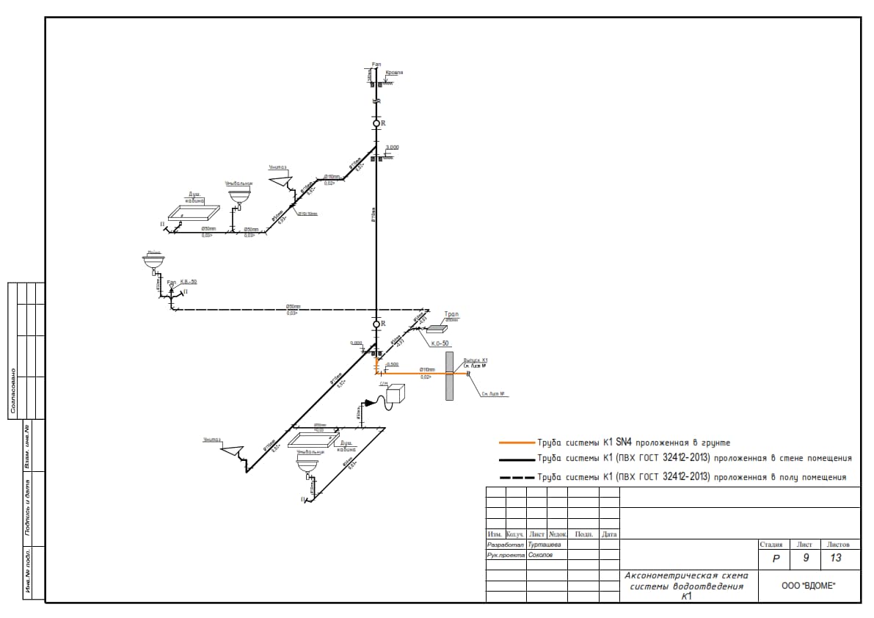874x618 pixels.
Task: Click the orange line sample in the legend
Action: click(x=517, y=443)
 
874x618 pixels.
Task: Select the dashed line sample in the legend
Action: click(x=517, y=477)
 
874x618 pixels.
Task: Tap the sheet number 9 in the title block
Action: click(x=805, y=559)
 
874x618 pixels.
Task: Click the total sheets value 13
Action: click(x=836, y=559)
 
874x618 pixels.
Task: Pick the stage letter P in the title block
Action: click(x=776, y=559)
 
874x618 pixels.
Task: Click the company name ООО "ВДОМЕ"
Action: click(x=809, y=585)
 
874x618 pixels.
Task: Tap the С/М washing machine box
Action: click(x=396, y=393)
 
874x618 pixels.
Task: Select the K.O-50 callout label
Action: click(x=440, y=343)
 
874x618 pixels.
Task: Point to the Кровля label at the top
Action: click(x=394, y=73)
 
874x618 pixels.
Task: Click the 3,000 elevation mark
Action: click(x=393, y=148)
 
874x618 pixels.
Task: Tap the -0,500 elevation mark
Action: click(x=391, y=364)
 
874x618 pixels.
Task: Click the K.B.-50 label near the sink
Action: click(x=189, y=282)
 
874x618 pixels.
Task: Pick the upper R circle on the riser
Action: click(x=376, y=123)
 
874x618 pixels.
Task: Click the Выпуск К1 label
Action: click(x=476, y=360)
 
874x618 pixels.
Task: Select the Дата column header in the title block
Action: click(x=609, y=534)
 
